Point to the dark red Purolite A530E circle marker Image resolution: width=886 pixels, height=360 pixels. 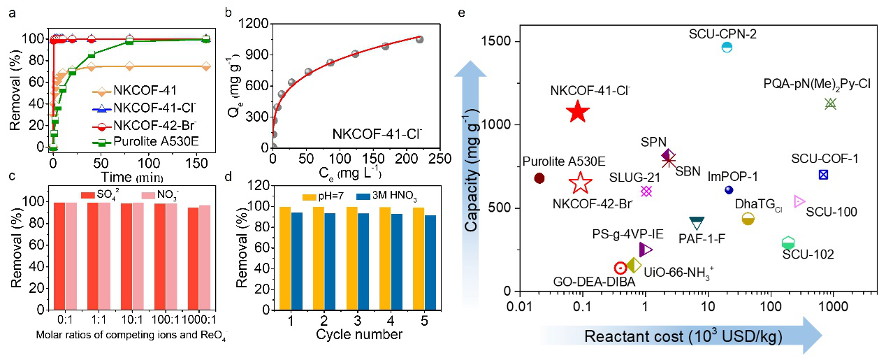pos(539,178)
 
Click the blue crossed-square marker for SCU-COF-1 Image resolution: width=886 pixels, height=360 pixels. pos(824,174)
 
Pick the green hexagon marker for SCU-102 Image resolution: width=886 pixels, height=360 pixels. pos(788,243)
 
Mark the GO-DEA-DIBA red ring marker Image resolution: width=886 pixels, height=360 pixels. pos(620,268)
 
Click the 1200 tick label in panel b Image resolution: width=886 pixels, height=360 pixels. pos(254,23)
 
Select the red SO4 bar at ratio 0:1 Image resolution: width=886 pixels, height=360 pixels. pos(59,245)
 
